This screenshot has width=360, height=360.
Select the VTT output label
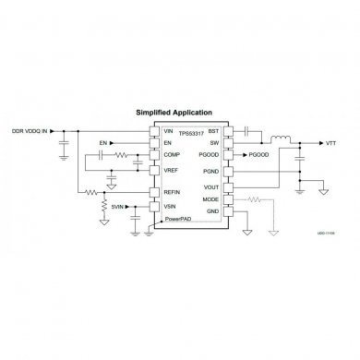330,144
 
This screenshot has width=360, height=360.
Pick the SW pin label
215,144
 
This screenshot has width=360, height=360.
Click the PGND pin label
210,172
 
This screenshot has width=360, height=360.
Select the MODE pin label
210,198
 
